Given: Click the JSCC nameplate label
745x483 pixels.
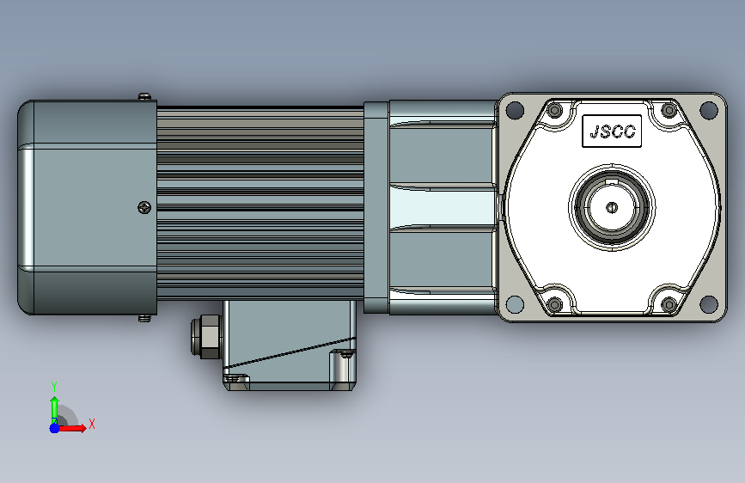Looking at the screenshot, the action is pyautogui.click(x=612, y=131).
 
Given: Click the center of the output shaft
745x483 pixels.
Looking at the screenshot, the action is pyautogui.click(x=612, y=207).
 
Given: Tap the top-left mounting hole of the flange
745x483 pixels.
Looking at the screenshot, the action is pyautogui.click(x=515, y=110).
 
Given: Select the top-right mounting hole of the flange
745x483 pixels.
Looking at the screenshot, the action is pyautogui.click(x=708, y=110).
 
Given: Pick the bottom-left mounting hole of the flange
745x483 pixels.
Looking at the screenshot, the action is pyautogui.click(x=515, y=304).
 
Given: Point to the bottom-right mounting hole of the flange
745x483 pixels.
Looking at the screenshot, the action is pyautogui.click(x=708, y=304).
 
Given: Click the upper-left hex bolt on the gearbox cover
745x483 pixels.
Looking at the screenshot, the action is pyautogui.click(x=554, y=111).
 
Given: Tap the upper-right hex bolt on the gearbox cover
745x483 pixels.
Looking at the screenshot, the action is pyautogui.click(x=669, y=111).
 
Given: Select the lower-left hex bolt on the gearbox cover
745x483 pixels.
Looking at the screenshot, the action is pyautogui.click(x=554, y=304).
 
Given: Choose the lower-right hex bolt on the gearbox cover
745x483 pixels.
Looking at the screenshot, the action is pyautogui.click(x=669, y=304).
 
